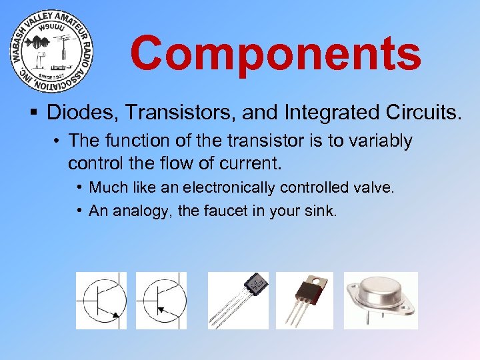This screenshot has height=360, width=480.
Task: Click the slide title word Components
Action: tap(275, 53)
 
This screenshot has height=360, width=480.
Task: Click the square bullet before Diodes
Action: tap(33, 113)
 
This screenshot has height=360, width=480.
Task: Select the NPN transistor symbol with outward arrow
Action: tap(101, 301)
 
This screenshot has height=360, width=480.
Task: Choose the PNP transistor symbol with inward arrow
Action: tap(161, 301)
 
